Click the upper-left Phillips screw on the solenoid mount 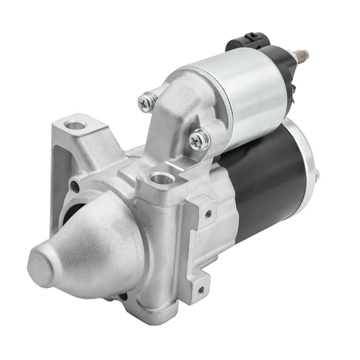point(146,102)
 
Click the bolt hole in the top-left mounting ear point(76,125)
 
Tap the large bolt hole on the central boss point(161,179)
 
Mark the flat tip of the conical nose point(42,262)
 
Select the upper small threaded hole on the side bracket point(209,214)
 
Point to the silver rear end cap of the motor point(306,161)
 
